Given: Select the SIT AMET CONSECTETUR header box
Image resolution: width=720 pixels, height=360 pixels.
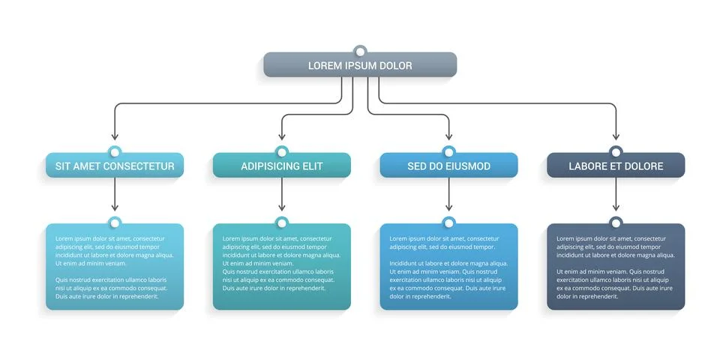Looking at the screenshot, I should click(x=115, y=166).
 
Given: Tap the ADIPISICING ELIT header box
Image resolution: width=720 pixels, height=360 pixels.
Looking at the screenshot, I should click(x=282, y=166).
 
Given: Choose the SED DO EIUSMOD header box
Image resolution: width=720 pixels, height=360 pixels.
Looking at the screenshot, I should click(x=448, y=166).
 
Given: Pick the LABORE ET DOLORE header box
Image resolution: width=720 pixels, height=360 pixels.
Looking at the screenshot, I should click(x=616, y=166).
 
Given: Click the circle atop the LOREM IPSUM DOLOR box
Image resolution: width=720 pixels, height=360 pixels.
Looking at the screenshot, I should click(x=360, y=52).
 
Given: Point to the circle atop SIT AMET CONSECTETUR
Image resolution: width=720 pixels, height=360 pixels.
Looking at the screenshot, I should click(x=115, y=152).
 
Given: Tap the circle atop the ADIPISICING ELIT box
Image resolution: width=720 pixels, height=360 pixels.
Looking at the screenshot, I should click(x=282, y=152).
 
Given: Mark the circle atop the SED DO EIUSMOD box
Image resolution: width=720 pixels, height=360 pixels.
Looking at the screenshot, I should click(x=448, y=152).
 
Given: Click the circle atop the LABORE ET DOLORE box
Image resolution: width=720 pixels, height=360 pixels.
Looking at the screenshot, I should click(x=616, y=152).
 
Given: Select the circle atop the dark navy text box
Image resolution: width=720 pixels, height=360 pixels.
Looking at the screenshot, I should click(x=616, y=223).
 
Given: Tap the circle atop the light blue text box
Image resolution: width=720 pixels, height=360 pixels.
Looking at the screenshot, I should click(x=115, y=223).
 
